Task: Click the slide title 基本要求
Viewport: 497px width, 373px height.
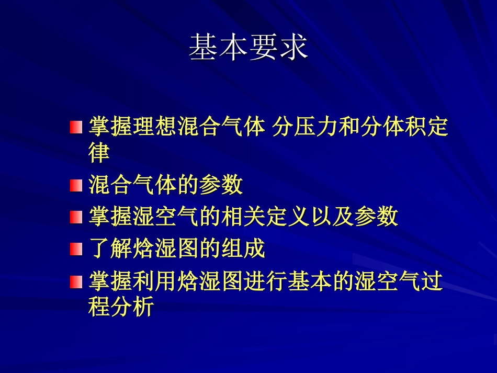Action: tap(248, 48)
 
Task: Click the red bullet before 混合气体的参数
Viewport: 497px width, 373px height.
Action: tap(76, 185)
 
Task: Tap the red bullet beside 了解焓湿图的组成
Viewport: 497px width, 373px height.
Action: tap(76, 250)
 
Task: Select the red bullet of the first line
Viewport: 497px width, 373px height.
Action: tap(76, 127)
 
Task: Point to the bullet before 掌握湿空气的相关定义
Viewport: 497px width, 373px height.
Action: tap(76, 217)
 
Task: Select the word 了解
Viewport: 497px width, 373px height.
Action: tap(111, 250)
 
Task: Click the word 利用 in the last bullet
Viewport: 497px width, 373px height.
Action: tap(155, 282)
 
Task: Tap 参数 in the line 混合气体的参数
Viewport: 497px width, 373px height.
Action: tap(221, 185)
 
